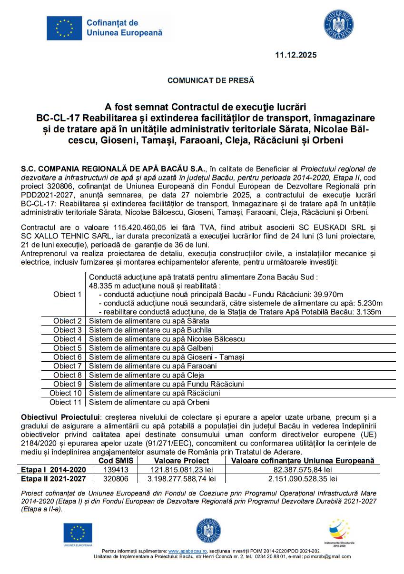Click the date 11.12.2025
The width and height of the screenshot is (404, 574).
point(296,55)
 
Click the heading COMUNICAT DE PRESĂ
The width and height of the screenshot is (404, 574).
point(211,80)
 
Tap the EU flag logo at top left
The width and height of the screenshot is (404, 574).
point(64,28)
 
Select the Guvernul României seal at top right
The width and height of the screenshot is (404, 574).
point(338,25)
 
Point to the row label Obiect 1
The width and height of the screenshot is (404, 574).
point(68,294)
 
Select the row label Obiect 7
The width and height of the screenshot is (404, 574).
point(68,366)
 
